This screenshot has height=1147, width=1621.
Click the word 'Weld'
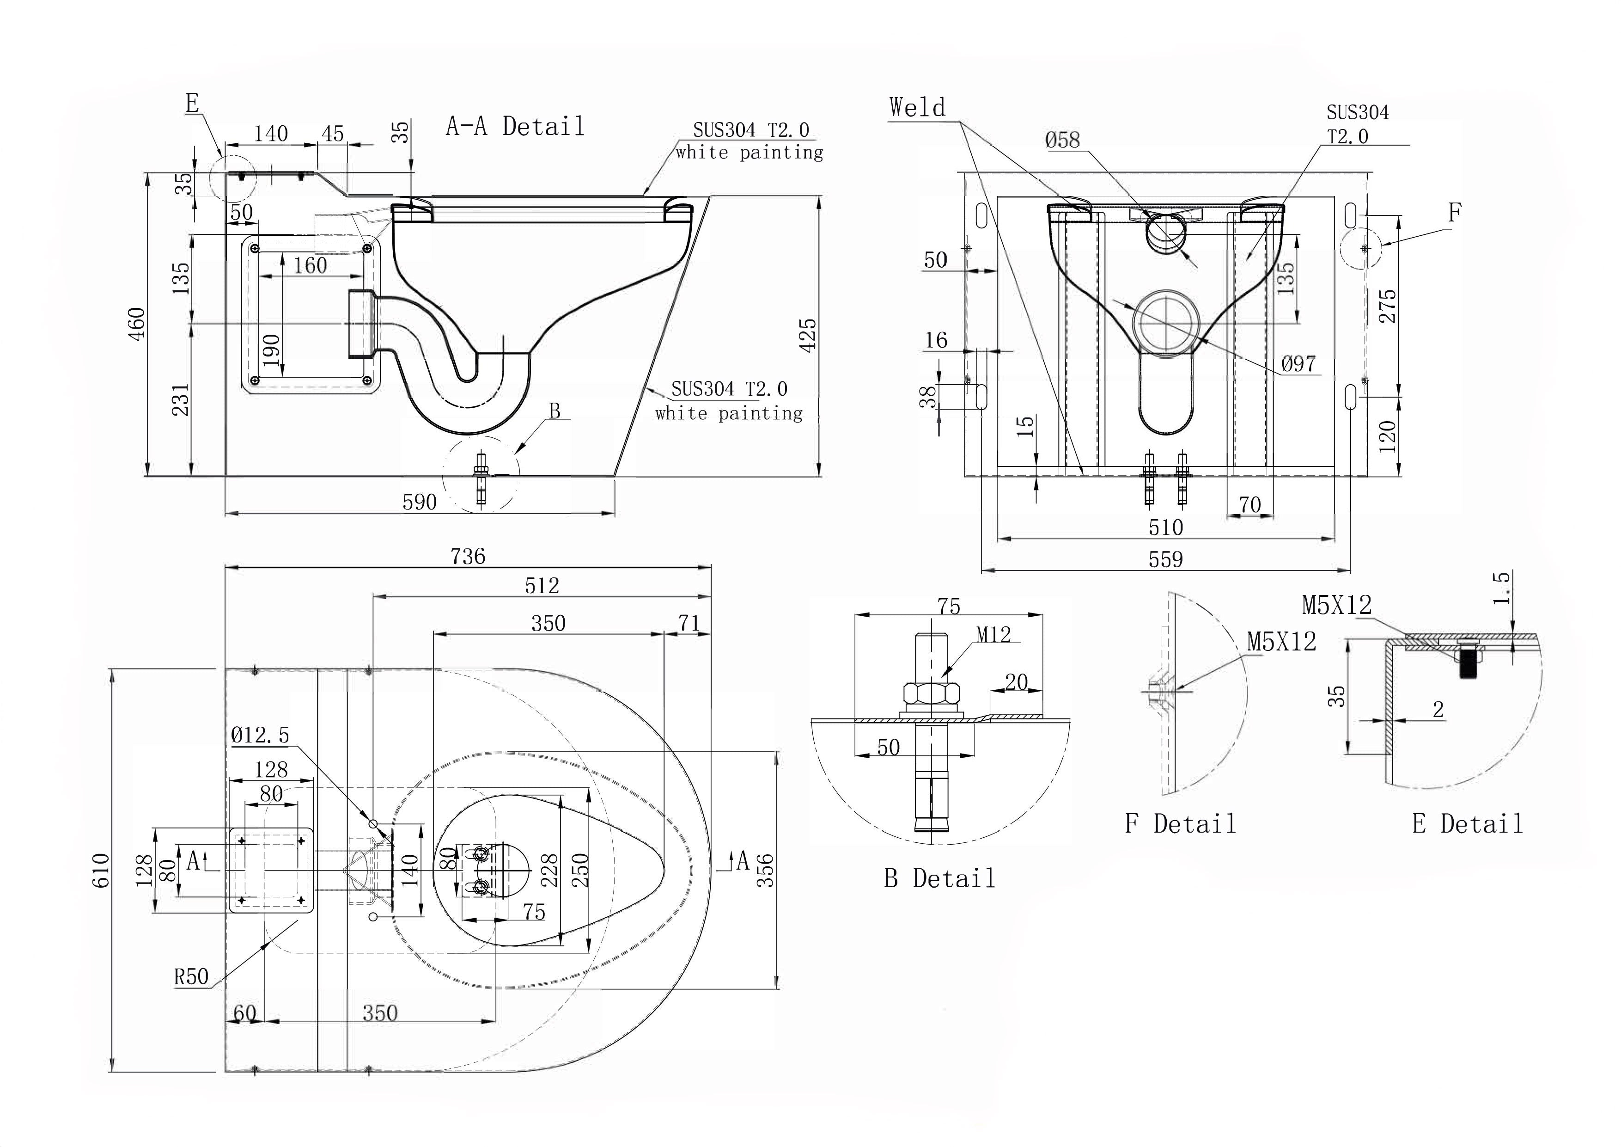[917, 108]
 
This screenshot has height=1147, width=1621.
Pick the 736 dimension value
[468, 557]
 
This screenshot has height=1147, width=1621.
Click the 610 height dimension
[101, 870]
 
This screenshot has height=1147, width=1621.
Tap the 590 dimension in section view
[420, 502]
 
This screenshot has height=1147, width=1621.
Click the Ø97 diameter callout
[1298, 364]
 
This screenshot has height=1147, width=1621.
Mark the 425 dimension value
[809, 335]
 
